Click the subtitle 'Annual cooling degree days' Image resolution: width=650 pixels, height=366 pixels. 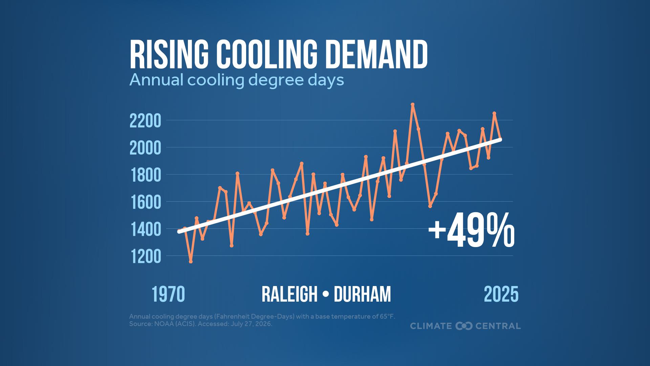tap(237, 80)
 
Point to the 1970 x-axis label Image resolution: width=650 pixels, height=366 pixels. tap(168, 294)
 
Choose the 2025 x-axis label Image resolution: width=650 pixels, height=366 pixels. tap(501, 294)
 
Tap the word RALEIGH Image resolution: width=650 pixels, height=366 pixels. tap(289, 294)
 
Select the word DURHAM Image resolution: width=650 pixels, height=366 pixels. tap(362, 294)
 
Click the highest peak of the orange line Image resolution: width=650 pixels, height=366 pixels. tap(412, 104)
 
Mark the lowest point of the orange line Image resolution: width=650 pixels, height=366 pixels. tap(191, 262)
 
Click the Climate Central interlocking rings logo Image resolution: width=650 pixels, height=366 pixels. tap(464, 326)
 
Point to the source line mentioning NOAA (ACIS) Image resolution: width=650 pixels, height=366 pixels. tap(201, 324)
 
